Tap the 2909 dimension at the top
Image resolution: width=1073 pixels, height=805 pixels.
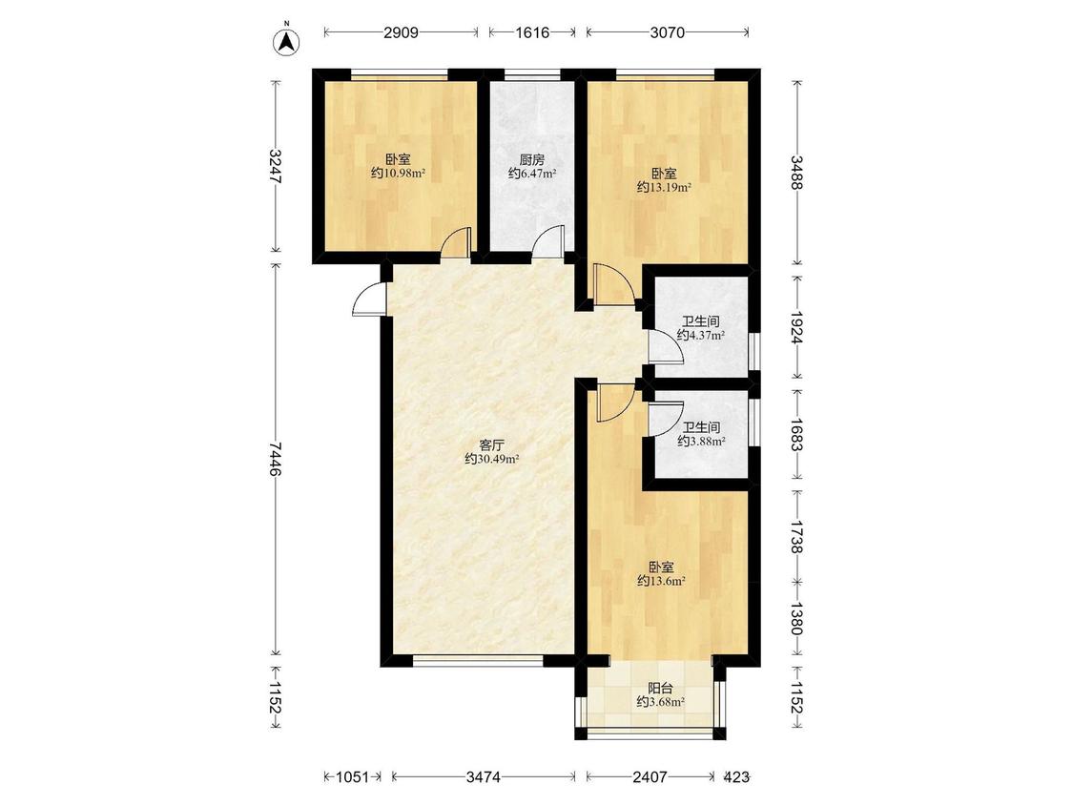pos(401,32)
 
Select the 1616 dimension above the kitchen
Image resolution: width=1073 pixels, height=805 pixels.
pos(532,32)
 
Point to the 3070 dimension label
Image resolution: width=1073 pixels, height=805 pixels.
pos(667,32)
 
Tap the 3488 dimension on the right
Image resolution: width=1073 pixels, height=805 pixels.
pos(796,172)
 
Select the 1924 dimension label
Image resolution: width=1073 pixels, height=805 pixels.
pos(796,327)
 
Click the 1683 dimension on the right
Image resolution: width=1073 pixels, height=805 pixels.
pos(796,434)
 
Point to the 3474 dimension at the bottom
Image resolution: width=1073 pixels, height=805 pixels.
pos(484,777)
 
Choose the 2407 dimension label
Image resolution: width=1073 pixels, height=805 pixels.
pos(650,777)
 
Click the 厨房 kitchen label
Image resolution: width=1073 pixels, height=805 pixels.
pos(531,159)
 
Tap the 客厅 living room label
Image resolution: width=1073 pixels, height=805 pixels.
pos(490,444)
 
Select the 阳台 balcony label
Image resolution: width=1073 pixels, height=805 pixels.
pos(660,689)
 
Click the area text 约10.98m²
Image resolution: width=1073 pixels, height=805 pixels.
pos(399,174)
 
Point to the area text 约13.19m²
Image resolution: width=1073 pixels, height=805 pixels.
pos(664,187)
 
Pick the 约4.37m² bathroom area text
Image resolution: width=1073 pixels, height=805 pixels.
pos(701,336)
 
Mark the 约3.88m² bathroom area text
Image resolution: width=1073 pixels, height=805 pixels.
pos(701,442)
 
